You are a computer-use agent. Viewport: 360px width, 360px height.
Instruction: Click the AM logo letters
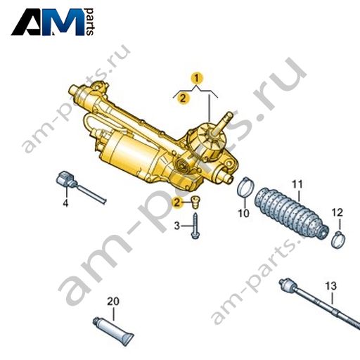pyautogui.click(x=48, y=22)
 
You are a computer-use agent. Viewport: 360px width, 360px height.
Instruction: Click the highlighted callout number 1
pyautogui.click(x=197, y=79)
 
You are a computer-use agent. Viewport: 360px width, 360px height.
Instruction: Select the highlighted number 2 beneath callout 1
pyautogui.click(x=183, y=98)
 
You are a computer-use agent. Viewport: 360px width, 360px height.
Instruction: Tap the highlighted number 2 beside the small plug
pyautogui.click(x=176, y=202)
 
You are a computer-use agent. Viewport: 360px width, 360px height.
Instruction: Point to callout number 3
pyautogui.click(x=177, y=226)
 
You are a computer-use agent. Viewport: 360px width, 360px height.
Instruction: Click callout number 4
pyautogui.click(x=65, y=203)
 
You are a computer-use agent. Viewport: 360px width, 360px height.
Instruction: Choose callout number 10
pyautogui.click(x=243, y=213)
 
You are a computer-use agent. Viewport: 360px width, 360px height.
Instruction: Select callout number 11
pyautogui.click(x=297, y=184)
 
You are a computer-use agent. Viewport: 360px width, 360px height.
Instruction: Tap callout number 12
pyautogui.click(x=337, y=212)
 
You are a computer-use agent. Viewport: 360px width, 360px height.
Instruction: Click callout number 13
pyautogui.click(x=331, y=286)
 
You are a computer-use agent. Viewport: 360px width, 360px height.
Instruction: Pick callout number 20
pyautogui.click(x=113, y=302)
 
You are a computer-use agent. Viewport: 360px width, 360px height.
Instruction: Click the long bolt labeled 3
pyautogui.click(x=195, y=226)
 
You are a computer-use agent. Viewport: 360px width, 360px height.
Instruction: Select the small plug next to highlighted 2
pyautogui.click(x=195, y=202)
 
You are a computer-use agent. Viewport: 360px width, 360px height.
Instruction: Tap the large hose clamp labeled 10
pyautogui.click(x=245, y=187)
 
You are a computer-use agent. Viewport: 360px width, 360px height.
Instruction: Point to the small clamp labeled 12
pyautogui.click(x=338, y=240)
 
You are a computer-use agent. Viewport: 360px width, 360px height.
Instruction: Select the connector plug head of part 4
pyautogui.click(x=65, y=179)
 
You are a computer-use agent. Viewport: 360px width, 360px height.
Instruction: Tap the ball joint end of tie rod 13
pyautogui.click(x=287, y=285)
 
